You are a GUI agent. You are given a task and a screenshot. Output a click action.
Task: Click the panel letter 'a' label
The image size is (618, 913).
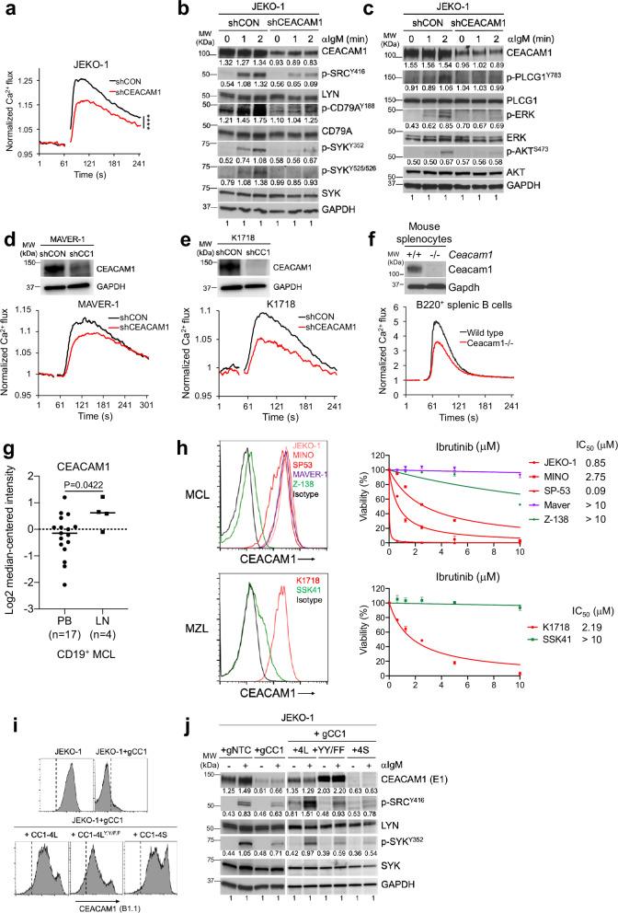click(7, 8)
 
